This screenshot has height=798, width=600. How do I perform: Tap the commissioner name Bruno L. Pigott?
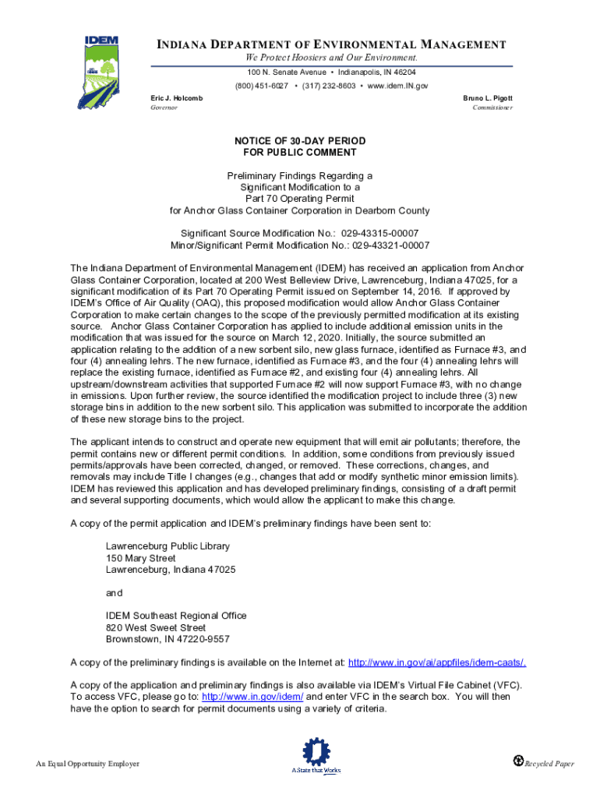tap(488, 98)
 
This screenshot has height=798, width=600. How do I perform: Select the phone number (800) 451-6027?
tap(262, 86)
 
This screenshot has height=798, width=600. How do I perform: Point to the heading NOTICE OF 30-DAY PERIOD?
tap(300, 141)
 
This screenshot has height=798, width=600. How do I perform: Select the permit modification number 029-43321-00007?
tap(390, 245)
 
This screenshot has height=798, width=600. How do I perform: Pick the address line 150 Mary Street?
tap(141, 558)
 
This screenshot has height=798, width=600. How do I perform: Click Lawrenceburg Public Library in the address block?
tap(168, 546)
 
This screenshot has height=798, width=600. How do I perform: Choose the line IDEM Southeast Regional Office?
tap(176, 616)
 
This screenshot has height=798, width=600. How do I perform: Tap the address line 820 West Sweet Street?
tap(156, 627)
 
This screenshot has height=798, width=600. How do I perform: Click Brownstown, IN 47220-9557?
tap(168, 639)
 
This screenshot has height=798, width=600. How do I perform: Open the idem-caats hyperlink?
tap(436, 662)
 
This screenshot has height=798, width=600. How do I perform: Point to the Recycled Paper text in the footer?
tap(549, 764)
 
